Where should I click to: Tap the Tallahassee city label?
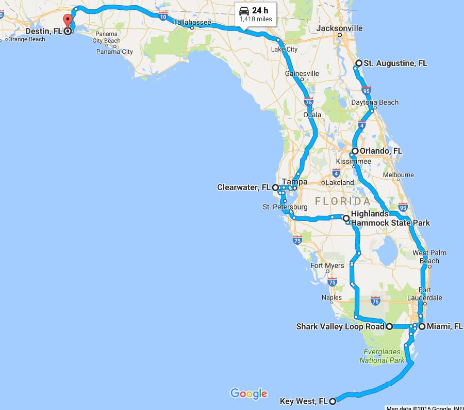[x=191, y=22]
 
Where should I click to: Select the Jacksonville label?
[x=340, y=28]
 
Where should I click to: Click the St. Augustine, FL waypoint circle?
[x=359, y=63]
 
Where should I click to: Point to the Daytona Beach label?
[x=375, y=102]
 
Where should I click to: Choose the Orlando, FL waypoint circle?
[x=355, y=151]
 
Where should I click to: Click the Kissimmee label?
[x=353, y=162]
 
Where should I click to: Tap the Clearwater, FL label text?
[x=244, y=187]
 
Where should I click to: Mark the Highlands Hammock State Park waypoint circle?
[x=346, y=218]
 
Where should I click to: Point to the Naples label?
[x=332, y=298]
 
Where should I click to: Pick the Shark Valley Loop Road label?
[x=340, y=326]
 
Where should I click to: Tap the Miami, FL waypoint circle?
[x=422, y=326]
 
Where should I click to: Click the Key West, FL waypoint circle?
[x=333, y=401]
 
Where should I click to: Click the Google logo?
[x=249, y=393]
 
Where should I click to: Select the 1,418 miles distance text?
[x=256, y=19]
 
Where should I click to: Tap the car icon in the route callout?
[x=244, y=10]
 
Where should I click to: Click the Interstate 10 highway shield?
[x=163, y=17]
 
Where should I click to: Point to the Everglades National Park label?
[x=382, y=356]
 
